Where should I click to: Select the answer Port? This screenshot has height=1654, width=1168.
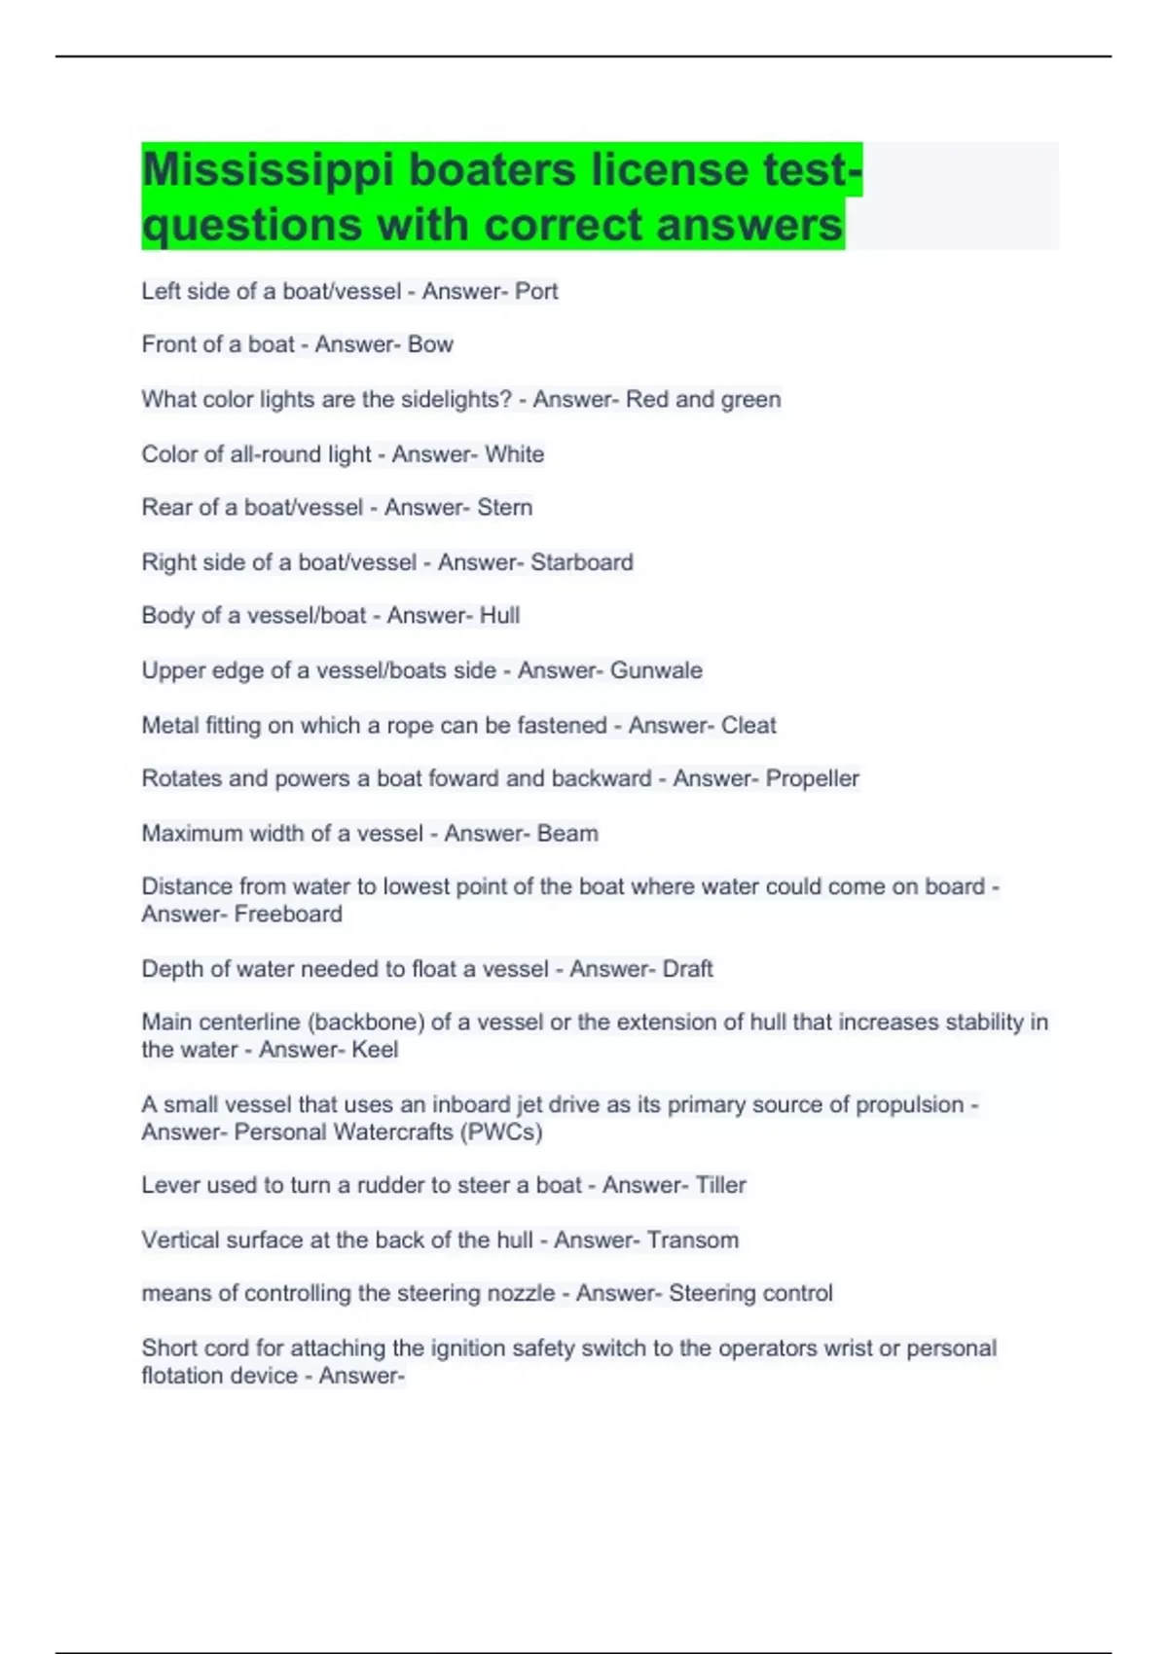coord(536,291)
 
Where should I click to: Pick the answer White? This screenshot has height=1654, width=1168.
coord(515,454)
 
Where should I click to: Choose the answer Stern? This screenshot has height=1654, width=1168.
coord(504,507)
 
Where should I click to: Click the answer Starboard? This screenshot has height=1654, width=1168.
coord(581,562)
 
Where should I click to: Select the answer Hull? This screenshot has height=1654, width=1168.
coord(499,615)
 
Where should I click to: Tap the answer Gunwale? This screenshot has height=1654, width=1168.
coord(656,670)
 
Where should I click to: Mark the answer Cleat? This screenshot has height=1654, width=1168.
coord(748,725)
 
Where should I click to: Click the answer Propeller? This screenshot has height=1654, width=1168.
coord(812,778)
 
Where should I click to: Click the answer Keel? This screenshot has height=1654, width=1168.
coord(375,1049)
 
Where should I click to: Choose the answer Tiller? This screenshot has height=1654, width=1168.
coord(720,1185)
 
